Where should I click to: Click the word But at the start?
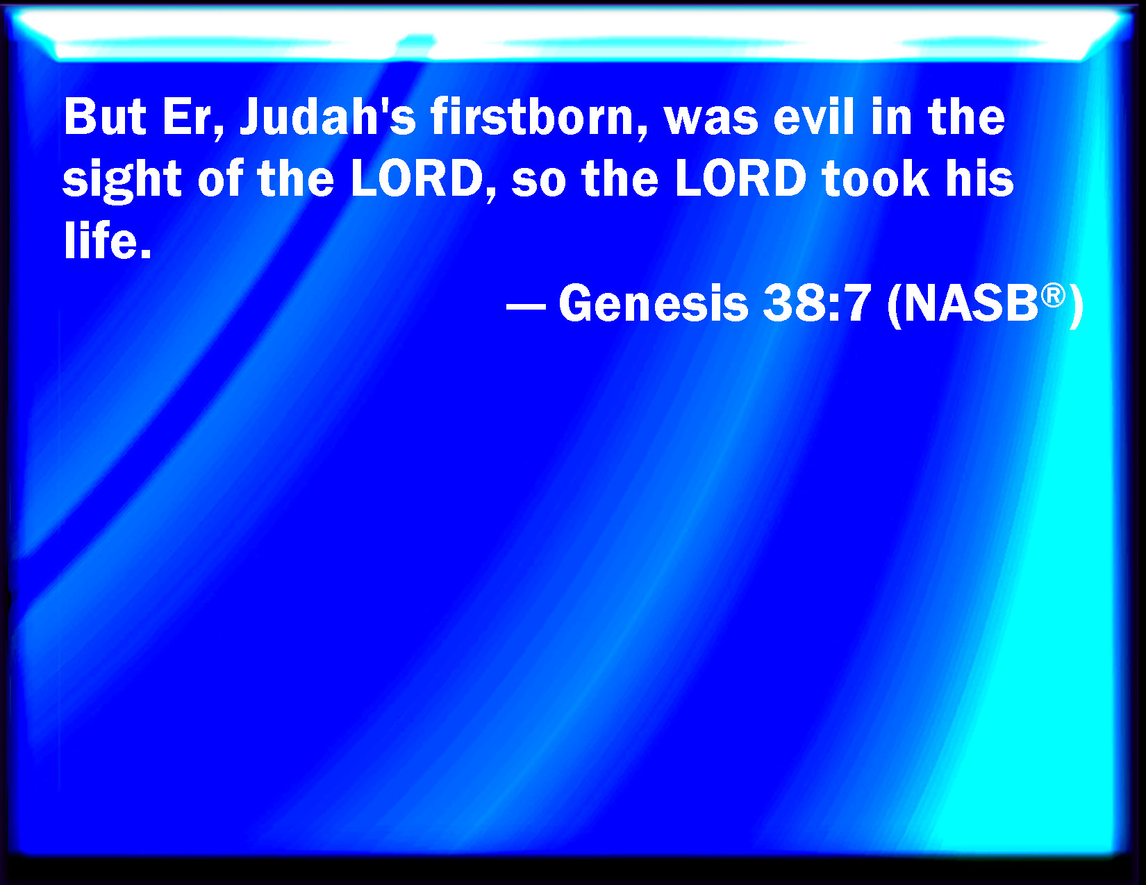pos(105,117)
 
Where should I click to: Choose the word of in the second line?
pos(220,178)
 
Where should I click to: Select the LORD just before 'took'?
pos(741,178)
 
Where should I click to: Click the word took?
pos(875,178)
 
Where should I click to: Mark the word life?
pos(107,240)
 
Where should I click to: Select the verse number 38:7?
pos(816,303)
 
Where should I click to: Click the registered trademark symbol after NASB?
pos(1054,296)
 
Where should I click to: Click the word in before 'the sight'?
pos(891,117)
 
